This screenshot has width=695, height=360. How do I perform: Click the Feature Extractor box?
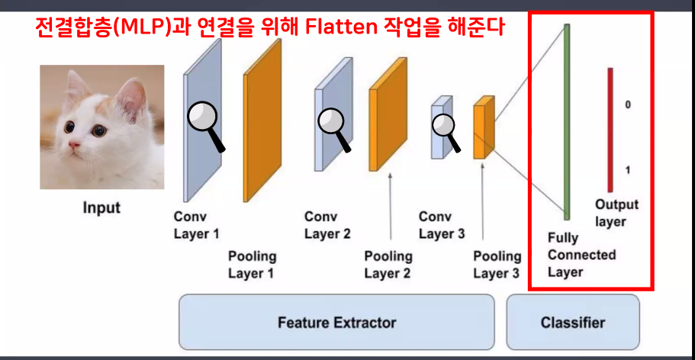(x=336, y=322)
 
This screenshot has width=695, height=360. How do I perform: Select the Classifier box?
(x=572, y=322)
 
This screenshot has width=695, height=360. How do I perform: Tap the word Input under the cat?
(x=101, y=207)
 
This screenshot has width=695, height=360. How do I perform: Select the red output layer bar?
(x=610, y=130)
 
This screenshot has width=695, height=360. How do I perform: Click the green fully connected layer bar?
(x=567, y=122)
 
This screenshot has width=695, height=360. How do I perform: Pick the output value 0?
(x=628, y=104)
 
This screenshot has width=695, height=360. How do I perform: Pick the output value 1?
(x=628, y=170)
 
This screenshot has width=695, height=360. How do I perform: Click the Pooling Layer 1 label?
(x=252, y=265)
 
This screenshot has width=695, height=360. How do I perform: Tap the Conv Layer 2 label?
(x=327, y=225)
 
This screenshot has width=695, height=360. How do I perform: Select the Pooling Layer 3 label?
(x=497, y=265)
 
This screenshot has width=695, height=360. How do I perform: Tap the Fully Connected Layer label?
(x=581, y=256)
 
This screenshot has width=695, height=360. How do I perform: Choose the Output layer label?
(x=616, y=213)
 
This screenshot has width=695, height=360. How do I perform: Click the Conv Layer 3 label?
(x=442, y=225)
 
